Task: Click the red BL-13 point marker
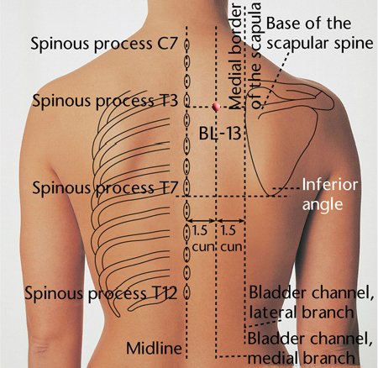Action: point(216,107)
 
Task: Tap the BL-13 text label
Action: point(220,133)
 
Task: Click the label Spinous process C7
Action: point(104,44)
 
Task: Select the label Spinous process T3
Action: point(105,101)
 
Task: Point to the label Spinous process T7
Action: point(105,187)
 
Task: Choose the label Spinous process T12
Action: point(101,293)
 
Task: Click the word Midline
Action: point(154,348)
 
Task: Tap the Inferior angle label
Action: point(330,195)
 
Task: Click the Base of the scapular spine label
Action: point(320,33)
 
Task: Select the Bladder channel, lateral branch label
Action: point(312,302)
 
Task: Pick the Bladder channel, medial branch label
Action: point(310,348)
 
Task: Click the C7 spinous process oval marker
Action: point(186,45)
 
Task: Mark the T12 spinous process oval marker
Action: point(186,293)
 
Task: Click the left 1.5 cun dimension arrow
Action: point(202,221)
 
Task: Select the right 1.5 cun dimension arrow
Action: point(231,221)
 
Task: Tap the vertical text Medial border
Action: point(235,56)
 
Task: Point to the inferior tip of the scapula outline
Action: point(270,195)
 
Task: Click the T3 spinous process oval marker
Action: point(186,101)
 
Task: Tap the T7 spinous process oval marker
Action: point(186,187)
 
